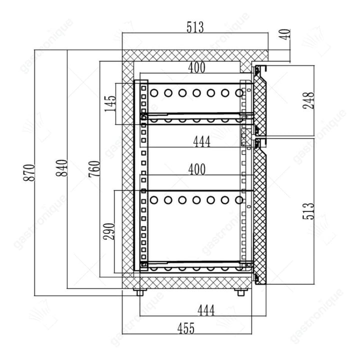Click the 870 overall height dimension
tap(29, 172)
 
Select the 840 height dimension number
tap(62, 168)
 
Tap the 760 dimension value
tap(94, 169)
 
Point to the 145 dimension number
tap(110, 103)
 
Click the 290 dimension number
tap(109, 231)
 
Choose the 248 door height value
tap(308, 100)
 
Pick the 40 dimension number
tap(285, 34)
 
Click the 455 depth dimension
tap(186, 328)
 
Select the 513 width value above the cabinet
tap(195, 27)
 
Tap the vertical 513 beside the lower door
tap(308, 211)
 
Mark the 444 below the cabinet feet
tap(206, 310)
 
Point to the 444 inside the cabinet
tap(202, 141)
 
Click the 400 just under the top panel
tap(196, 67)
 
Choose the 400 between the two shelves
tap(197, 169)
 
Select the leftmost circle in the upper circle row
tap(154, 93)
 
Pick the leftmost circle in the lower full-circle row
tap(154, 200)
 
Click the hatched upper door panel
tap(260, 105)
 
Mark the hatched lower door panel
tap(260, 216)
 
